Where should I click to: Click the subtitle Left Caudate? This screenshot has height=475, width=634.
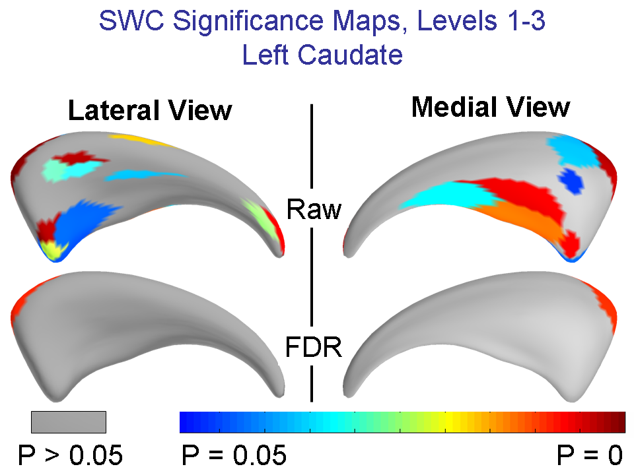(322, 55)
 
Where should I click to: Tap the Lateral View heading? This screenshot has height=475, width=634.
(150, 110)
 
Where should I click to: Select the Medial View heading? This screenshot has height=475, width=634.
(490, 107)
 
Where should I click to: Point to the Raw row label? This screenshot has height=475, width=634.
(314, 209)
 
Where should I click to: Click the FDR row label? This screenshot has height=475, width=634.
(313, 347)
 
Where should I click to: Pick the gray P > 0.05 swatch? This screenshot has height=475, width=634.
(69, 422)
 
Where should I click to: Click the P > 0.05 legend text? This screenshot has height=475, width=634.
(69, 455)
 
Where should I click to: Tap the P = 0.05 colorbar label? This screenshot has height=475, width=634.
(233, 455)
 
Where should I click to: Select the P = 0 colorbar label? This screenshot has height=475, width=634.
(588, 455)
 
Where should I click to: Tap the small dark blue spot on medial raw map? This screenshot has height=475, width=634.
(572, 179)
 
